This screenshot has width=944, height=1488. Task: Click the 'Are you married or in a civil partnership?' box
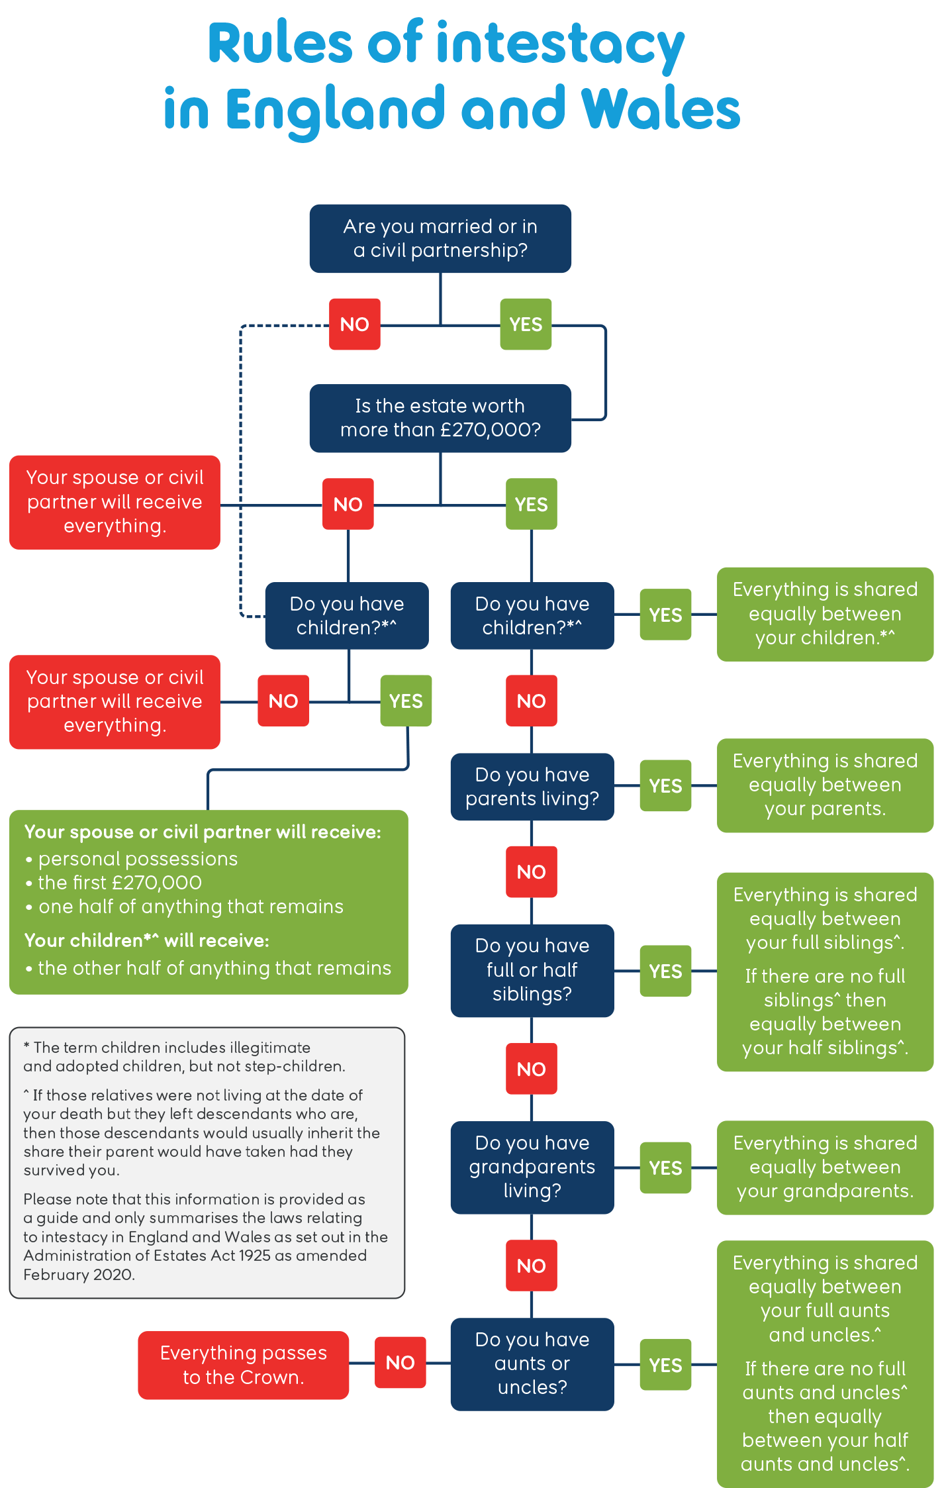point(440,238)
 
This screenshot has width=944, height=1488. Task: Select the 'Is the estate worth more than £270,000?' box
point(440,418)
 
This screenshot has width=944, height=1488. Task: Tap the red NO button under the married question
point(355,324)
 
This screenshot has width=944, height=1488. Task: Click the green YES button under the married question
point(526,324)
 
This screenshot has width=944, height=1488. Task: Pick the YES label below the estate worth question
point(531,504)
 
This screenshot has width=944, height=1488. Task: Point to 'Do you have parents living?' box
point(532,787)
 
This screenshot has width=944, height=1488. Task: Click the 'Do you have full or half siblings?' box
point(532,969)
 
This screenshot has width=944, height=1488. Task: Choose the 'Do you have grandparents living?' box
point(532,1167)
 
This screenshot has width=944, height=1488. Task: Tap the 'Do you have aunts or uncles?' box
point(532,1364)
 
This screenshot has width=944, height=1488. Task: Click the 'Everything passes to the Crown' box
point(243,1365)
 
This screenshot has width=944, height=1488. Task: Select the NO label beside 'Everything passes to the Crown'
point(400,1362)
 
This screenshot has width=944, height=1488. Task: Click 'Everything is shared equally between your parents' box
point(825,785)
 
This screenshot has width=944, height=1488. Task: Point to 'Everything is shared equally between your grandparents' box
point(825,1167)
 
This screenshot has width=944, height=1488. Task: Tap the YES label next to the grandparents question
point(665,1167)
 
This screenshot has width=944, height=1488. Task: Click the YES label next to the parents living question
point(665,785)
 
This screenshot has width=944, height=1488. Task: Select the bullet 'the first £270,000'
point(120,883)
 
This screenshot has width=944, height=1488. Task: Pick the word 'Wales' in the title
point(660,109)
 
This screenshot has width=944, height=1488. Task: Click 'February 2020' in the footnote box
point(78,1275)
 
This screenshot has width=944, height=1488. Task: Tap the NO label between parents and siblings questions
point(531,871)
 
